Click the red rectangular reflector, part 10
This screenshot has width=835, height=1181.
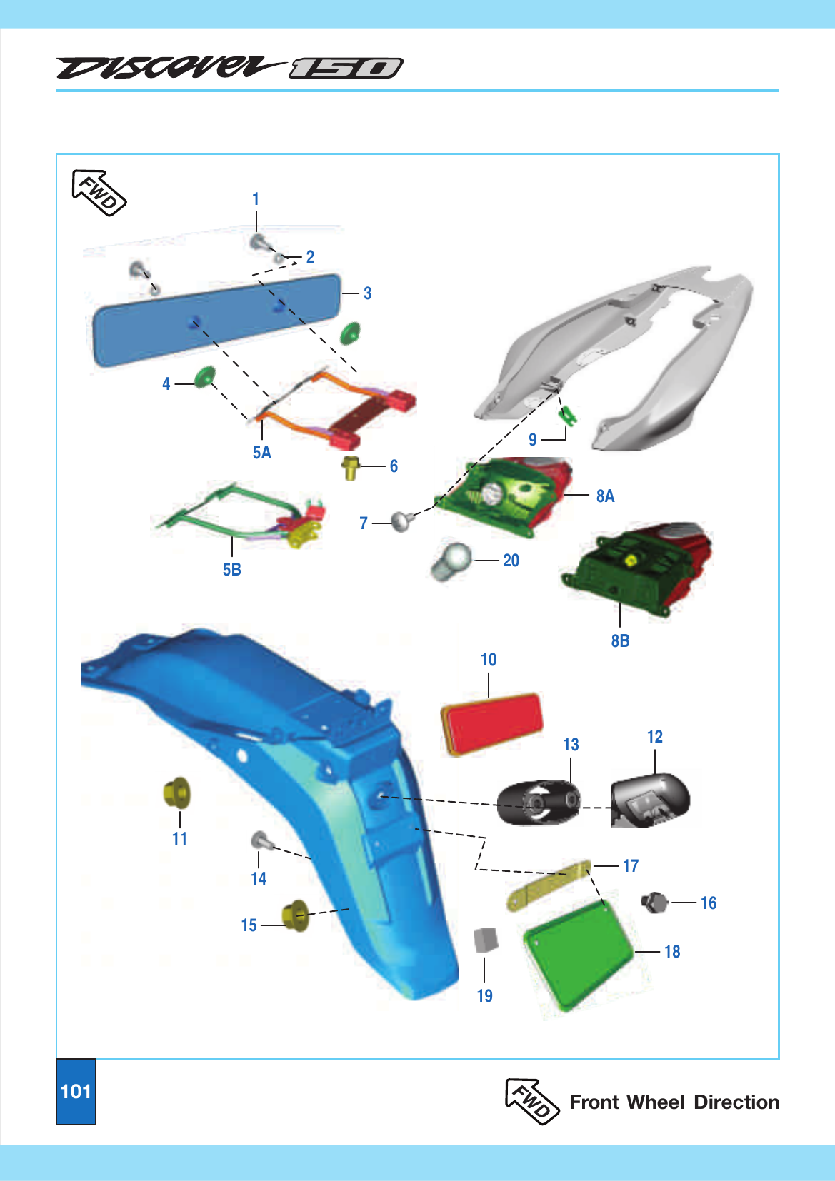(x=491, y=725)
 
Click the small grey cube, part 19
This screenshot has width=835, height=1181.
(x=486, y=940)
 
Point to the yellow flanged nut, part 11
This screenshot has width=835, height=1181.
(x=176, y=793)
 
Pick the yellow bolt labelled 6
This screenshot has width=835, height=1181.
(x=350, y=468)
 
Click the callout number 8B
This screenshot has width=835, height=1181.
(x=620, y=640)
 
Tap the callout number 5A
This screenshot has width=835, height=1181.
(x=261, y=453)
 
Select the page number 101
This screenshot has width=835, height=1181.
(x=76, y=1091)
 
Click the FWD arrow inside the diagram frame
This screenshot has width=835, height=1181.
(x=99, y=193)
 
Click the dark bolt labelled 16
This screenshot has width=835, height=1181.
(x=654, y=902)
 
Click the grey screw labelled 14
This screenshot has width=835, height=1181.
(x=262, y=840)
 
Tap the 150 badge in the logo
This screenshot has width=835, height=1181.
(x=346, y=69)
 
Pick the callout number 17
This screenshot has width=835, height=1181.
(x=630, y=865)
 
